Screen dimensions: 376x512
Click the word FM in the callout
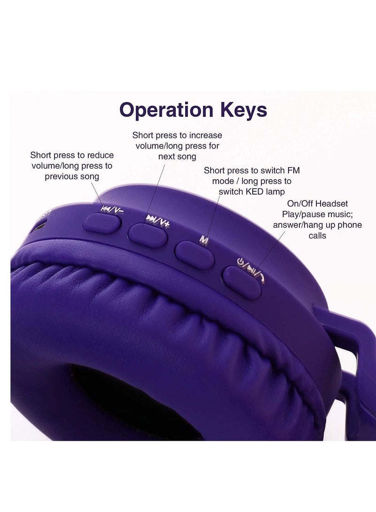coord(294,171)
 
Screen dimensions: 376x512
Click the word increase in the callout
coord(206,136)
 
